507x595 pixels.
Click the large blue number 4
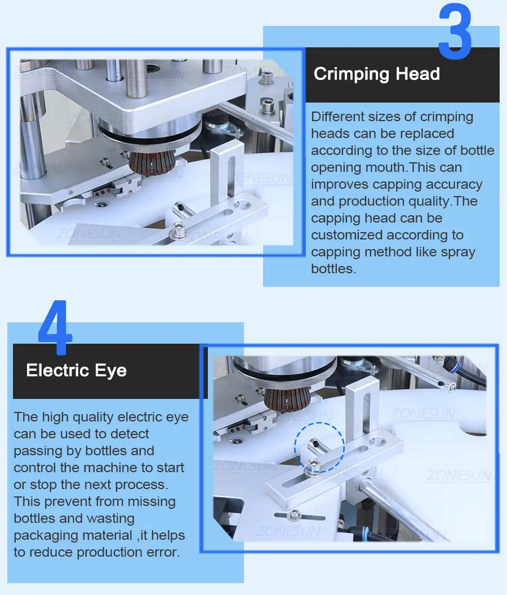[55, 327]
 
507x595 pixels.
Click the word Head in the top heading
[417, 74]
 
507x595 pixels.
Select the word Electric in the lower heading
[57, 370]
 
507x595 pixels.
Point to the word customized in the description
[347, 235]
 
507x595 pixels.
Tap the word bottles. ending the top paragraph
[333, 269]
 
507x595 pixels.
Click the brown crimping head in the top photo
[152, 162]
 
